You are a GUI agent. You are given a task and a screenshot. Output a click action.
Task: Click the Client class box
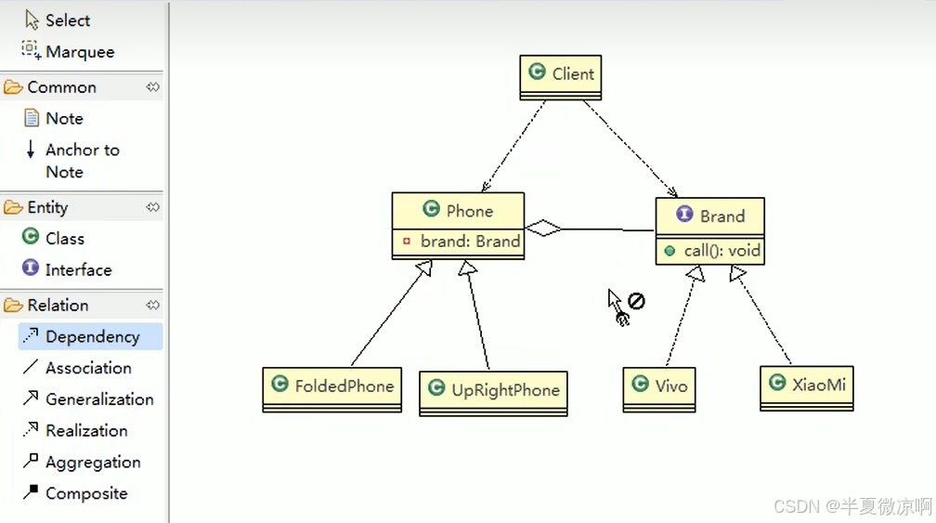click(561, 74)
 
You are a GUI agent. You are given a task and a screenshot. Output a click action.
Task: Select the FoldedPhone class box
click(331, 386)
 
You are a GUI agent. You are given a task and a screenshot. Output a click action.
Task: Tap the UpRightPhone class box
click(493, 390)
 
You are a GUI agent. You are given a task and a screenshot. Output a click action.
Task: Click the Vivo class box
click(659, 386)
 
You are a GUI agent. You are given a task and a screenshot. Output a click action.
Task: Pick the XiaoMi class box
click(806, 385)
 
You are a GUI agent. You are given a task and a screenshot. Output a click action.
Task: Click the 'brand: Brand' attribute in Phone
click(469, 242)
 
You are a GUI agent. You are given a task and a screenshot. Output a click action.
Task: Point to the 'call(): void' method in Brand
click(721, 251)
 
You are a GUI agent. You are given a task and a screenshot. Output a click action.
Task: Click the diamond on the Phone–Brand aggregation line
click(544, 228)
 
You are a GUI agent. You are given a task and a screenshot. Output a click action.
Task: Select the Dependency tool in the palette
click(91, 336)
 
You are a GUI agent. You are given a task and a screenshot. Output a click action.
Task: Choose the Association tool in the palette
click(87, 368)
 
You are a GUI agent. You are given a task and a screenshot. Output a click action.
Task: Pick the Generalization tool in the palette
click(98, 399)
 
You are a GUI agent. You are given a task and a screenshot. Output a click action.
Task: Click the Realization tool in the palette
click(85, 431)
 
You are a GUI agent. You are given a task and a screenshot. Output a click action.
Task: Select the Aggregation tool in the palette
click(92, 463)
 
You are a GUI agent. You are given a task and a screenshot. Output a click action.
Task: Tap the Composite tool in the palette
click(85, 494)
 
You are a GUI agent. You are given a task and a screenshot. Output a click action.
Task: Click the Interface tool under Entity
click(78, 270)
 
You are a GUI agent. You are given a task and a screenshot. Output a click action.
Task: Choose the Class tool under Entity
click(64, 239)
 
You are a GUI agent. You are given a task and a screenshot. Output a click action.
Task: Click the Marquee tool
click(79, 52)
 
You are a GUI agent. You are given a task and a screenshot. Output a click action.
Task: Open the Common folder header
click(61, 87)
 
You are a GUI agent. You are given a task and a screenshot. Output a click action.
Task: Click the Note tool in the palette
click(63, 119)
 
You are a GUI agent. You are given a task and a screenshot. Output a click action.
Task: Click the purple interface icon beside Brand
click(685, 215)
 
